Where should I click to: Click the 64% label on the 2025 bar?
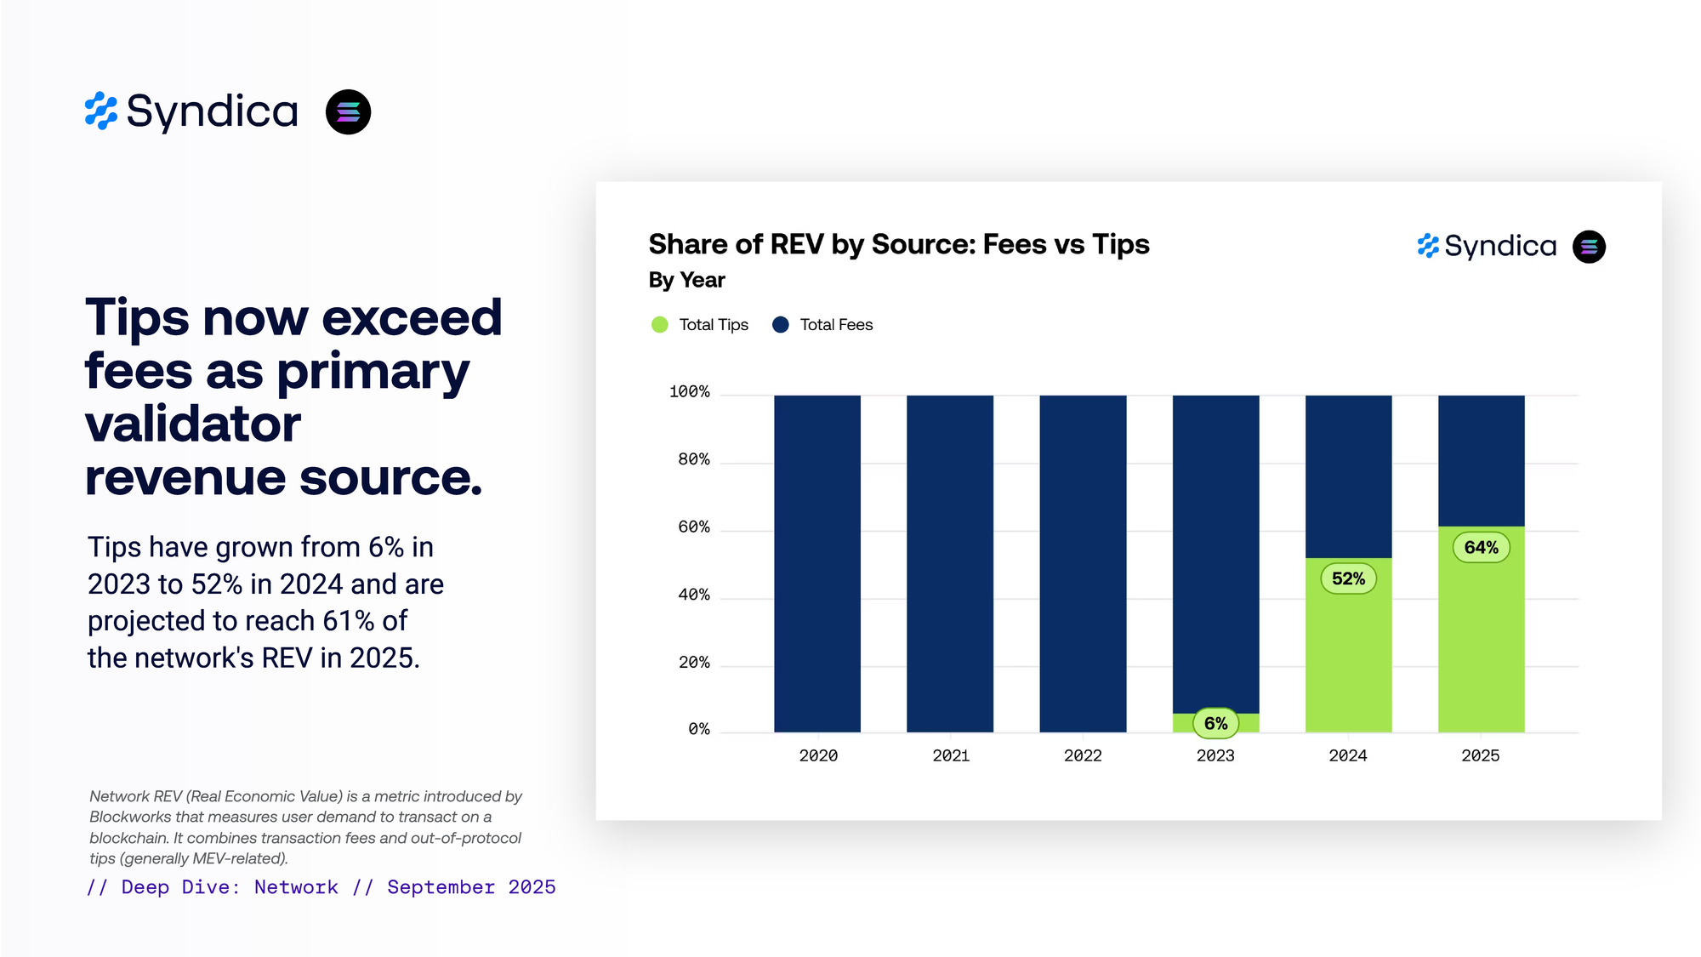(1481, 548)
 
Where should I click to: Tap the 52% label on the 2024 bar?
(1348, 579)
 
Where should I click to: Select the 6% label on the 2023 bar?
(1215, 724)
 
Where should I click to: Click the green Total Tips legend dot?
(659, 325)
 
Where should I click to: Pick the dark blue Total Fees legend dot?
(780, 325)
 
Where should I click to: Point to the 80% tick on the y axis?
(693, 459)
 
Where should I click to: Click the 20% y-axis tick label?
(693, 663)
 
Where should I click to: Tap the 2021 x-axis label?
(950, 755)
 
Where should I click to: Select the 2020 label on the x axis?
(818, 755)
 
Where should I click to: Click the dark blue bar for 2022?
(1083, 561)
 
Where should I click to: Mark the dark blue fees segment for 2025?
(1481, 459)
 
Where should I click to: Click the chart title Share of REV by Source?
(898, 245)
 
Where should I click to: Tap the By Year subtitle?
(686, 281)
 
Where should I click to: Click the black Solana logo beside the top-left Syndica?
(348, 112)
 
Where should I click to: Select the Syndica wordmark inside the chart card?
(1499, 247)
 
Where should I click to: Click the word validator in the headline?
(193, 424)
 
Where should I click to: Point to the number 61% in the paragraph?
(349, 621)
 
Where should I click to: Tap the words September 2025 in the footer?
(471, 887)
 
